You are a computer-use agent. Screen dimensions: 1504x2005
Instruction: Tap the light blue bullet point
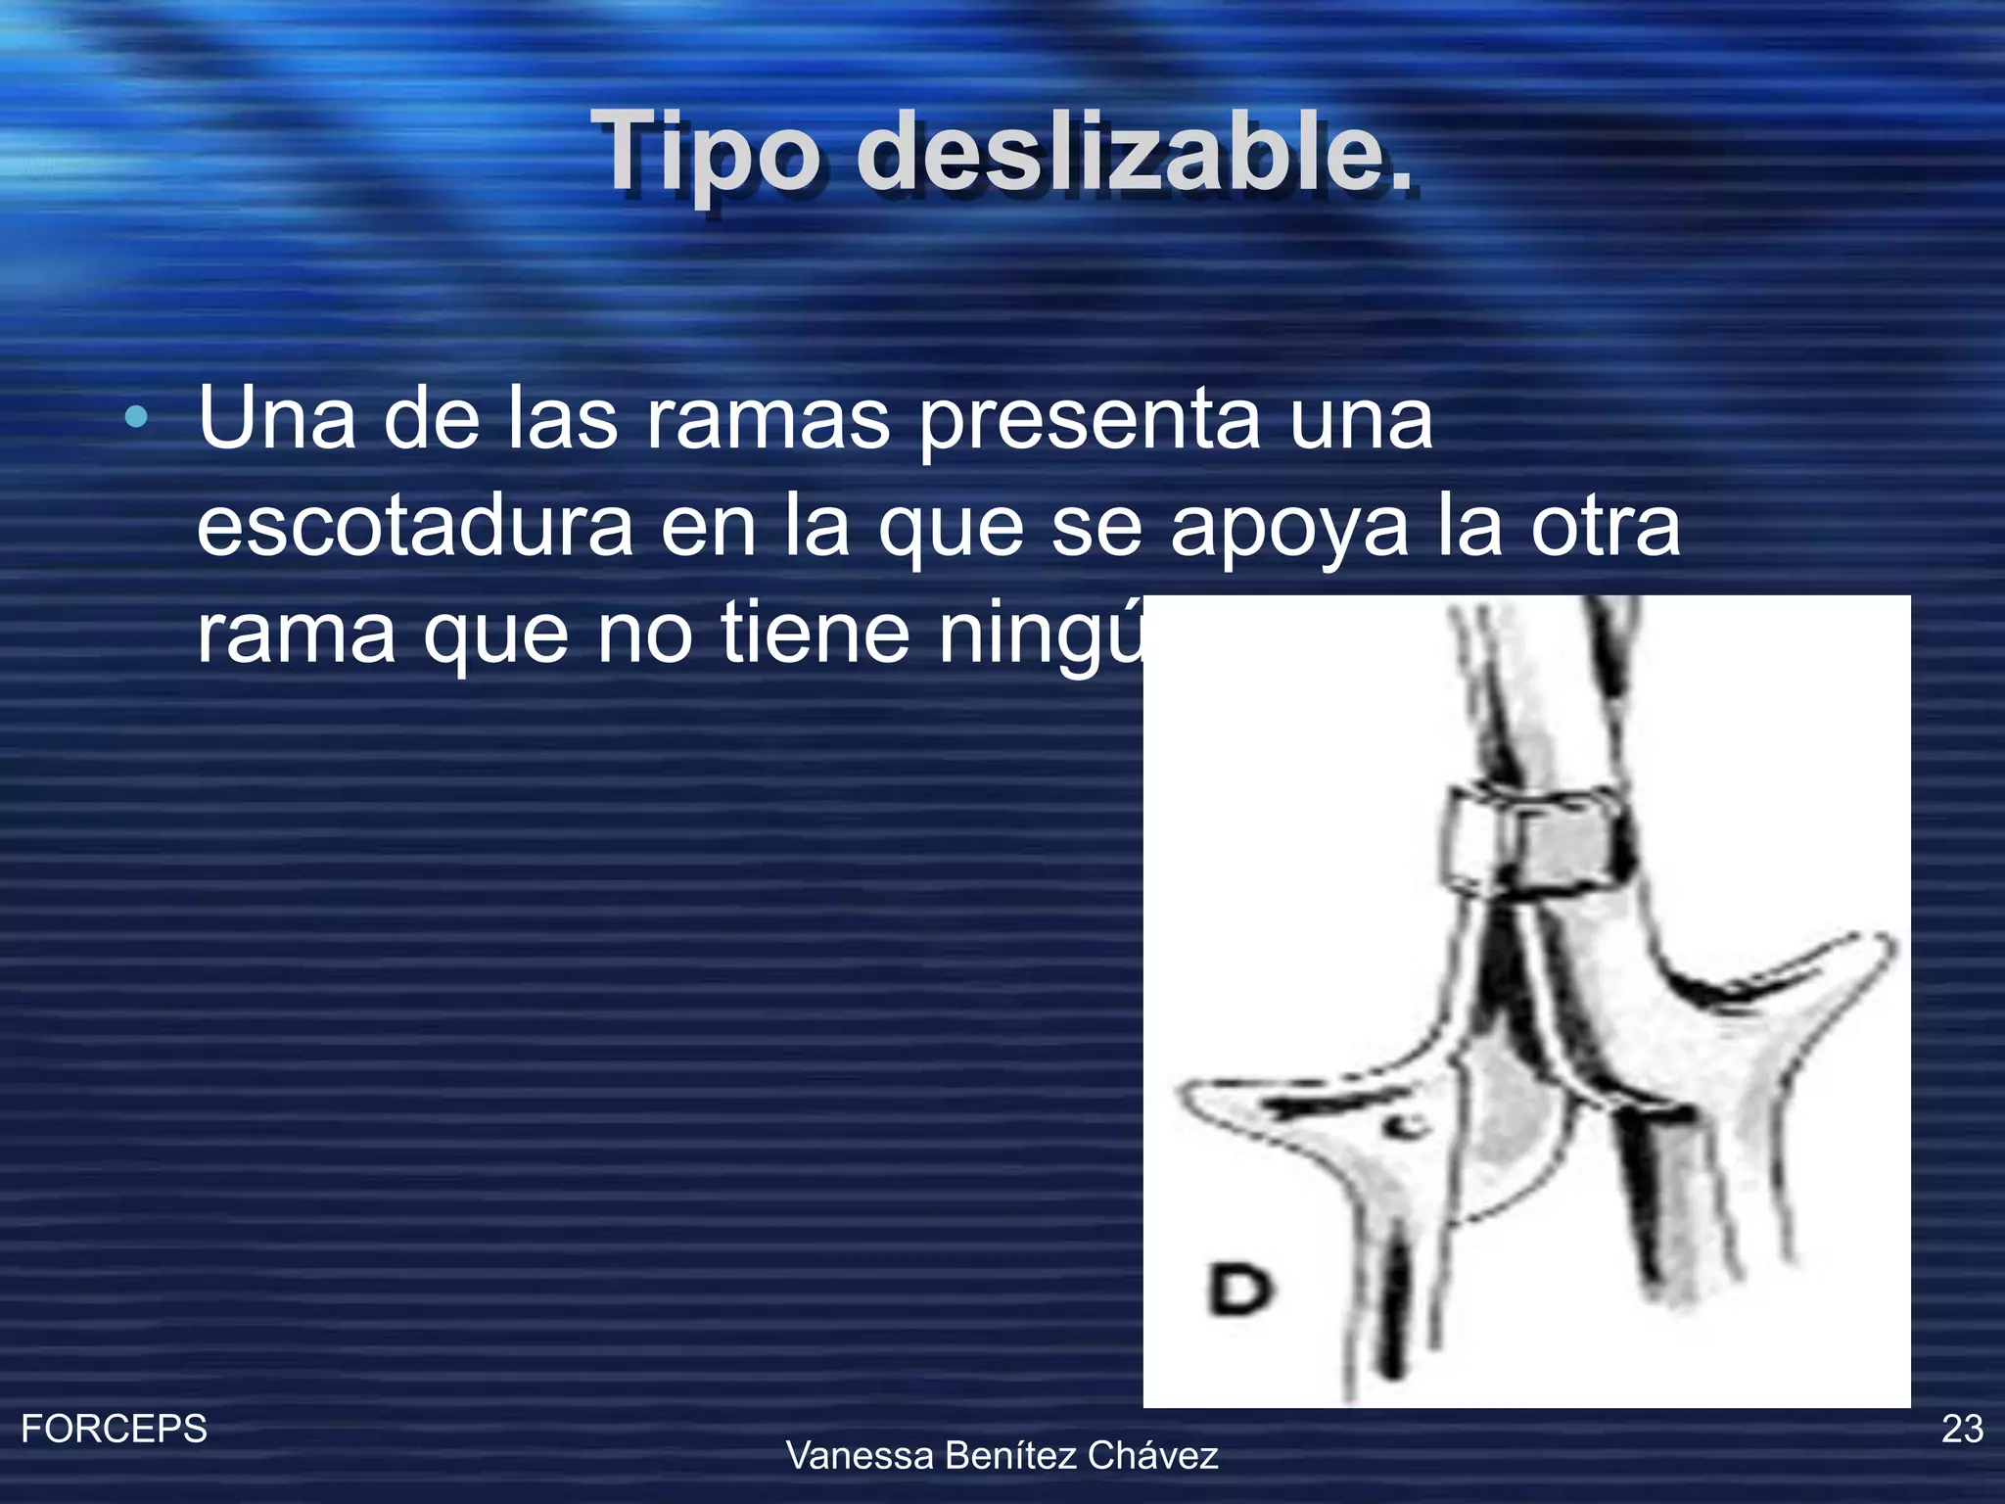[137, 419]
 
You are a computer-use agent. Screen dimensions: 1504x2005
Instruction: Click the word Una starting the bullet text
[277, 419]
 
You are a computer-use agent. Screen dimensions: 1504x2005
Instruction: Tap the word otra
[1606, 526]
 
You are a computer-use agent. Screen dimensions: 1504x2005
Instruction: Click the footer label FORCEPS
[114, 1429]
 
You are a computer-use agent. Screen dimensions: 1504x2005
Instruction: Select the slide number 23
[1962, 1429]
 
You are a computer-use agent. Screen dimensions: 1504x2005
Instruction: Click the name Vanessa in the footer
[861, 1456]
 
